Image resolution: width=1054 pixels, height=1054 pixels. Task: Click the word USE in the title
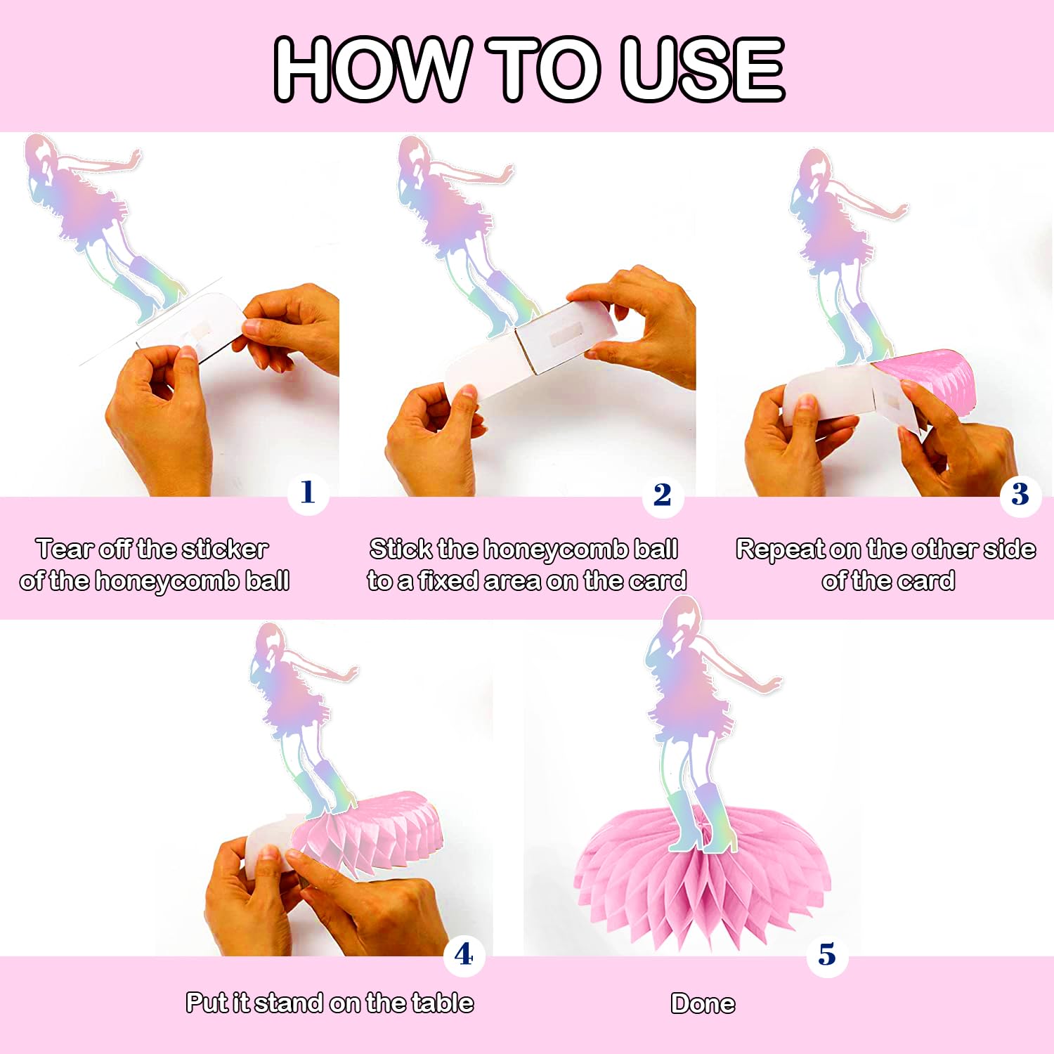pyautogui.click(x=702, y=69)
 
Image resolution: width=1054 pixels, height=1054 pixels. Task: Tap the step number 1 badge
pyautogui.click(x=308, y=493)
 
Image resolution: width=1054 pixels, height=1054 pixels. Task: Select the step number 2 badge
pyautogui.click(x=662, y=495)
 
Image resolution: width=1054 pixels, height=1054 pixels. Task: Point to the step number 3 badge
pyautogui.click(x=1020, y=495)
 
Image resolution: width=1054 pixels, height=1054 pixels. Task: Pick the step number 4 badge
pyautogui.click(x=464, y=955)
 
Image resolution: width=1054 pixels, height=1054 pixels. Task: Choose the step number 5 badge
pyautogui.click(x=827, y=955)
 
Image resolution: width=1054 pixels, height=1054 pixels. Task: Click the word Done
pyautogui.click(x=703, y=1003)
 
